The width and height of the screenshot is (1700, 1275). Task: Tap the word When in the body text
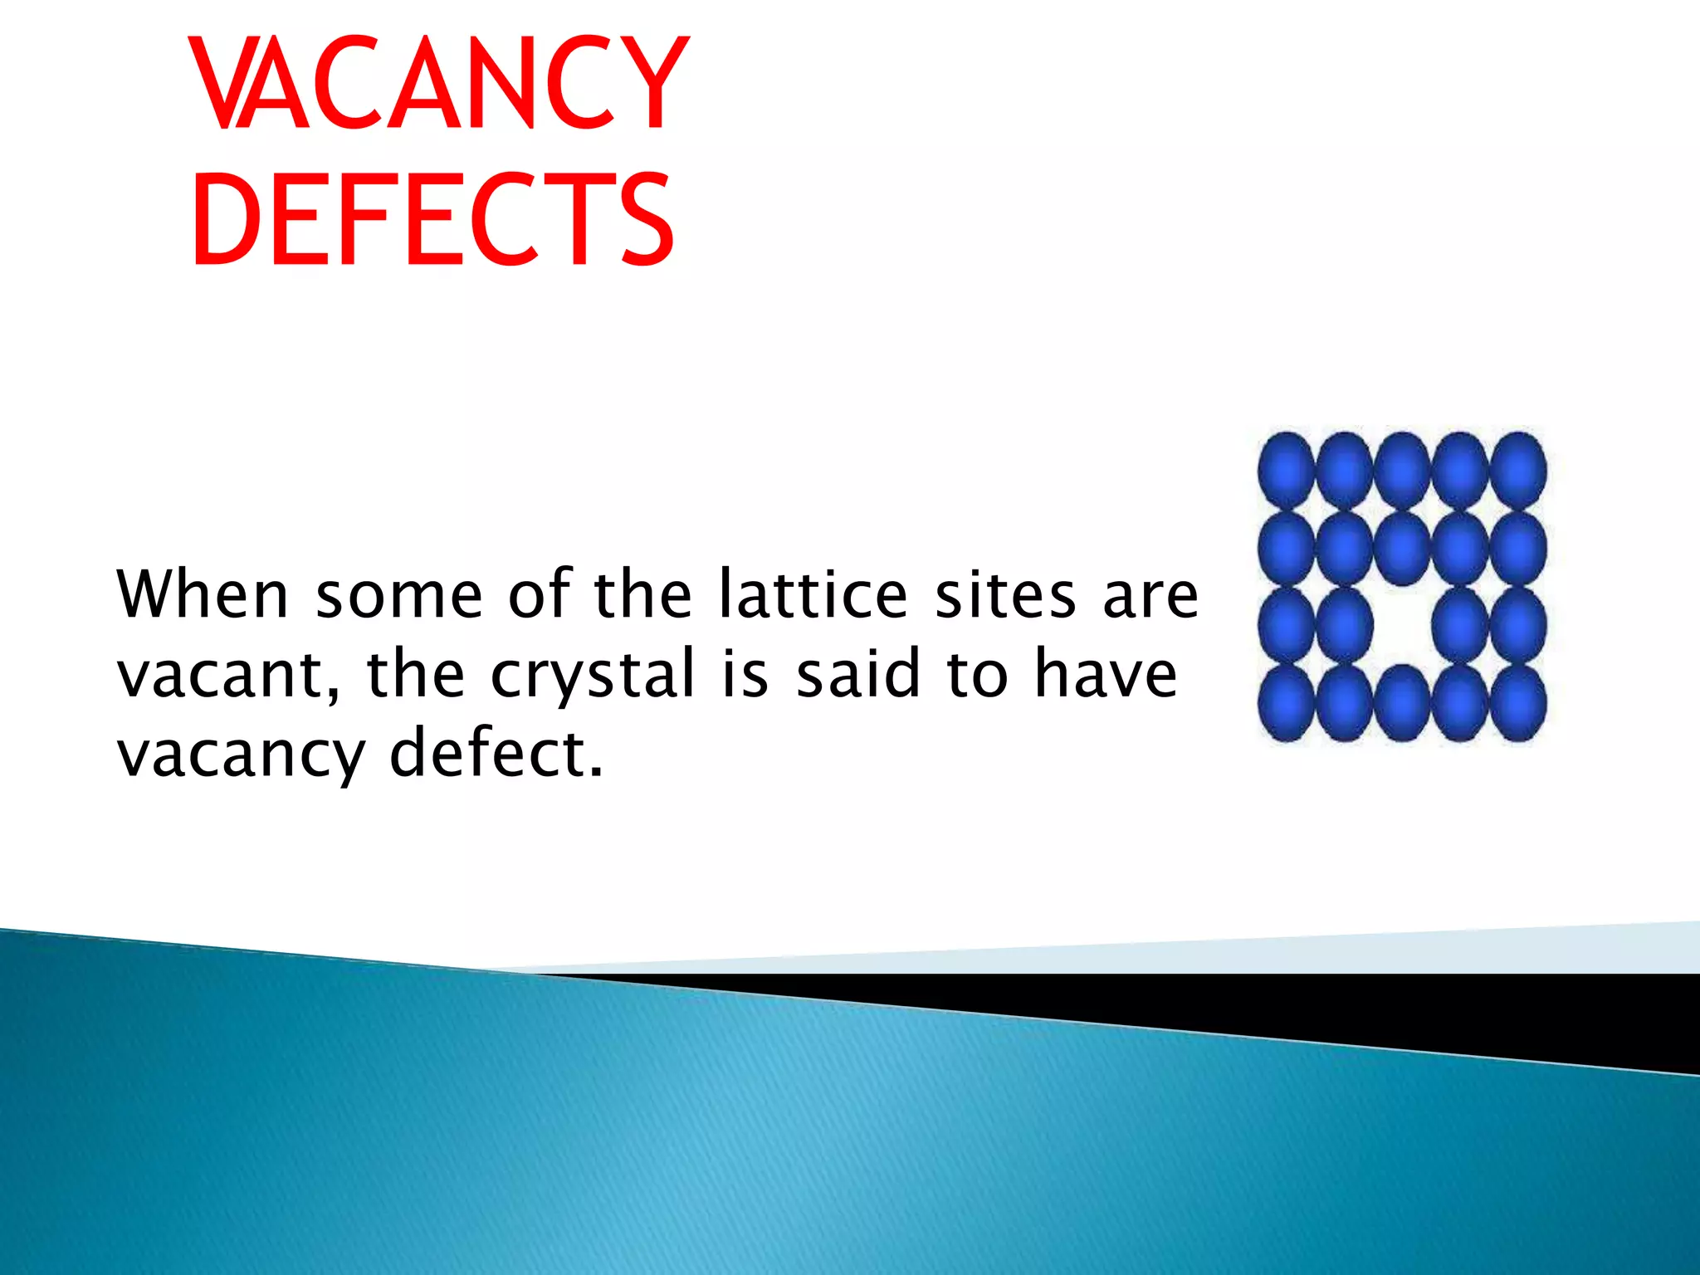tap(203, 594)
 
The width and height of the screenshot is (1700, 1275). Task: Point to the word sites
tap(1005, 594)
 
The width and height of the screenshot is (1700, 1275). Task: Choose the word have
tap(1106, 674)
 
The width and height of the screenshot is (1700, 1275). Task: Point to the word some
tap(399, 596)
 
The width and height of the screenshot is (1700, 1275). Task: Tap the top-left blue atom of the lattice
tap(1286, 471)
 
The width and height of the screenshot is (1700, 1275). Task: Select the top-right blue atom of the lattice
tap(1518, 471)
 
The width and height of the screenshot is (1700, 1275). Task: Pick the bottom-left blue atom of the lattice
tap(1286, 704)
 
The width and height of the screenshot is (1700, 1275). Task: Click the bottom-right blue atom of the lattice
tap(1518, 704)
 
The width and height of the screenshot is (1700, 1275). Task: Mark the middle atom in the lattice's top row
tap(1402, 471)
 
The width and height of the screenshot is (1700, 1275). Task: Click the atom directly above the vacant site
tap(1402, 549)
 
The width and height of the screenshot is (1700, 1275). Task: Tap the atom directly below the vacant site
tap(1402, 704)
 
